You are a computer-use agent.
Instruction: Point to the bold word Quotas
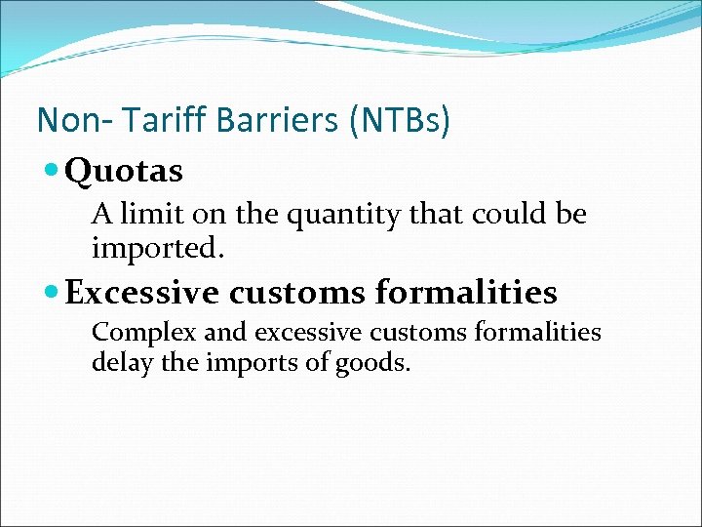[x=124, y=172]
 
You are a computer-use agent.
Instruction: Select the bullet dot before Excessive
[x=53, y=292]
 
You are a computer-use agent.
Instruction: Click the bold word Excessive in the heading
[x=143, y=292]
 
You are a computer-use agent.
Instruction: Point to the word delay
[x=117, y=363]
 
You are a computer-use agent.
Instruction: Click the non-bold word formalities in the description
[x=536, y=333]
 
